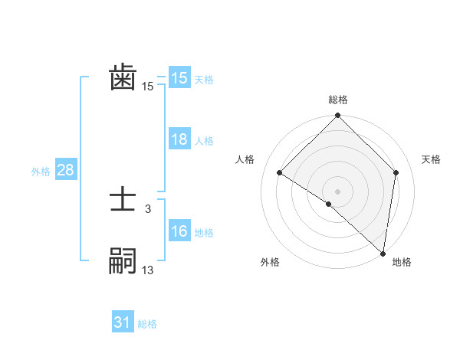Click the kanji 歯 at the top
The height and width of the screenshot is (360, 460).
[x=123, y=78]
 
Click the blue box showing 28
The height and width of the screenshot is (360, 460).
[x=65, y=170]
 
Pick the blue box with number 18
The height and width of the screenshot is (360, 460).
[x=179, y=139]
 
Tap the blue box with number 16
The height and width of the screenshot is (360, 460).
[x=179, y=231]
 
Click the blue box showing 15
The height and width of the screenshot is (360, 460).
[x=179, y=78]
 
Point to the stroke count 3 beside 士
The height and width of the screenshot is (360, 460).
[x=148, y=208]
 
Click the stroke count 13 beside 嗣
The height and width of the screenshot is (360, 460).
[x=148, y=270]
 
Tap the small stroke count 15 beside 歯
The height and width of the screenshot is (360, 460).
[x=148, y=87]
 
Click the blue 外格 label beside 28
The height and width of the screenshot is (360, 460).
[x=41, y=172]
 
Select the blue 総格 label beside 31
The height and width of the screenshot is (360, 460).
[x=147, y=324]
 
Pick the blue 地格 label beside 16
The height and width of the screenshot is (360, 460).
[x=204, y=233]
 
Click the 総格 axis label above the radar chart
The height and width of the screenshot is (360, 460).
[x=338, y=100]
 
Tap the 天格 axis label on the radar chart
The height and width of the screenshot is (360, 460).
[x=431, y=159]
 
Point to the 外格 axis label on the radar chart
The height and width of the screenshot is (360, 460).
[x=270, y=262]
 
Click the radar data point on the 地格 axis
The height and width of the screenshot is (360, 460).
[x=383, y=252]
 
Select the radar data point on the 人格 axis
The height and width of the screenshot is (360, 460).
[x=280, y=173]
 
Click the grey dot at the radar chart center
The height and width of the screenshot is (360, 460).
[x=337, y=191]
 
